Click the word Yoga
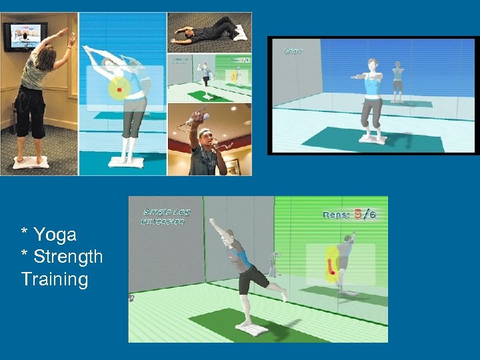click(x=55, y=235)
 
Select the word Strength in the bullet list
click(x=67, y=257)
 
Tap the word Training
click(x=54, y=279)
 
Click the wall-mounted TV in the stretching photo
click(x=24, y=36)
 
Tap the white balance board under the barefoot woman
click(x=32, y=161)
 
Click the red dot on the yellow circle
click(x=119, y=88)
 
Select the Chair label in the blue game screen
click(x=294, y=51)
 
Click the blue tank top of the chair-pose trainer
click(x=371, y=89)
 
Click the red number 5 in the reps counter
click(x=359, y=214)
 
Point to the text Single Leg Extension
click(x=165, y=217)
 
